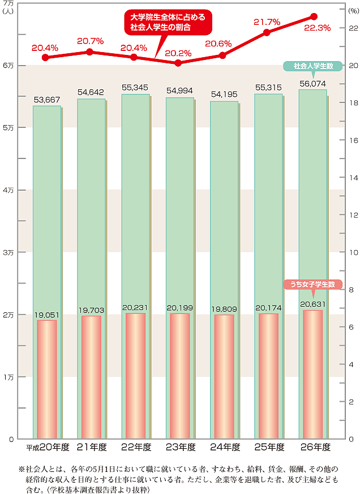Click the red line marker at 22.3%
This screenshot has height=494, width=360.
click(314, 16)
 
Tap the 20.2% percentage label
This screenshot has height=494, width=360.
click(178, 54)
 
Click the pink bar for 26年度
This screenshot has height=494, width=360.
click(312, 373)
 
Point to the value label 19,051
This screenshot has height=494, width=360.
click(47, 315)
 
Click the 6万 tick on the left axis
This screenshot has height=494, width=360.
click(8, 66)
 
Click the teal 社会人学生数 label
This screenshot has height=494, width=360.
click(312, 66)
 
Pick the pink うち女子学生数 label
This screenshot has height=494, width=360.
click(312, 284)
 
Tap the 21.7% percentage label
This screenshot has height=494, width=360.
click(267, 22)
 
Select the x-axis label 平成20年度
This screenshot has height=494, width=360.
click(48, 447)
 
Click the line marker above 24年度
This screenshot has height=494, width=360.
click(222, 55)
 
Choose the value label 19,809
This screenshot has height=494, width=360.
click(224, 309)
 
